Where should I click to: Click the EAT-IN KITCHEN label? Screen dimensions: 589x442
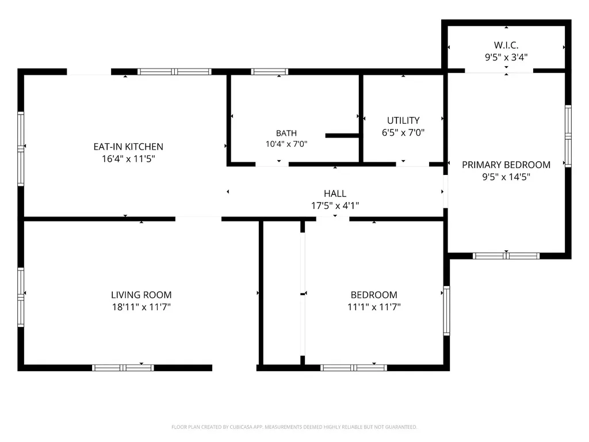[128, 147]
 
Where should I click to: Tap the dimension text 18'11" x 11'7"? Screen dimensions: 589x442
[141, 307]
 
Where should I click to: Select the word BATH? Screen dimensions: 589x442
[286, 133]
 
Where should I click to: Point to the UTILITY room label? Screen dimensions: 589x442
[403, 120]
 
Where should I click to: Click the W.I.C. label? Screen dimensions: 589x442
[506, 45]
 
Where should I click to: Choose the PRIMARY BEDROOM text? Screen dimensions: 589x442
[506, 165]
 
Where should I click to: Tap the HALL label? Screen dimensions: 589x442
[335, 193]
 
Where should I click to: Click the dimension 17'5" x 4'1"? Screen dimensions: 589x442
[335, 205]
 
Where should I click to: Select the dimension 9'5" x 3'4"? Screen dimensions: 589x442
[506, 57]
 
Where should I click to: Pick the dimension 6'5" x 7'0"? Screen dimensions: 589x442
[403, 132]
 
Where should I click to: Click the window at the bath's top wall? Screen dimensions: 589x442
[269, 71]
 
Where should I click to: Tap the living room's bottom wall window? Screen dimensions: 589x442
[123, 368]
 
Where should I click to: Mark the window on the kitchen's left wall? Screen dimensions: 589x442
[21, 149]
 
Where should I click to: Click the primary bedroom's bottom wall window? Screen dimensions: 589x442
[506, 256]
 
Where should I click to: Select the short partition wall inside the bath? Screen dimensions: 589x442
[342, 135]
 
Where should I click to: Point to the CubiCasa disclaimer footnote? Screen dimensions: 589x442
[294, 427]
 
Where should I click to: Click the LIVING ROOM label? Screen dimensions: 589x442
[141, 295]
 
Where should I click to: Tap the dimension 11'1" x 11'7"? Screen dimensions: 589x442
[374, 307]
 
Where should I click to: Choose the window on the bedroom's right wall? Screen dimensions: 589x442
[446, 310]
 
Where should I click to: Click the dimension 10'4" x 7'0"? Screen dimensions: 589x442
[286, 144]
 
